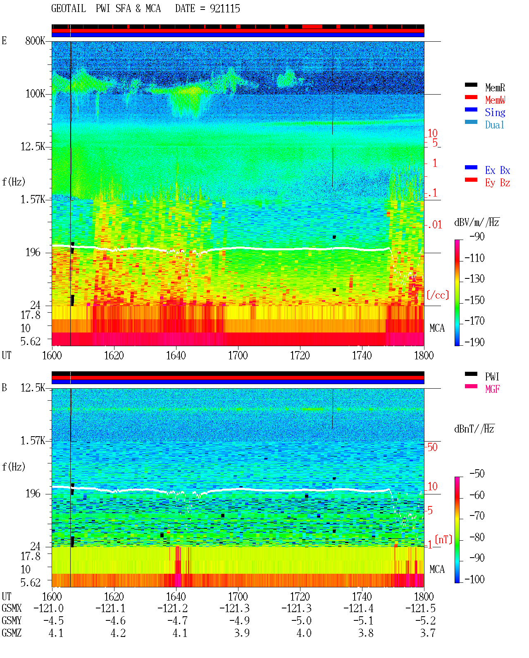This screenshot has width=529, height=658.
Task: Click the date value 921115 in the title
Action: coord(224,9)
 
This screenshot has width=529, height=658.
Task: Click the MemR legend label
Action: coord(495,88)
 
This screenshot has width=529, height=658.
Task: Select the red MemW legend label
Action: coord(495,100)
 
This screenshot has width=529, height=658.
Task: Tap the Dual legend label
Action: coord(494,125)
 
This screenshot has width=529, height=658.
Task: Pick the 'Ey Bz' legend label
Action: coord(497,183)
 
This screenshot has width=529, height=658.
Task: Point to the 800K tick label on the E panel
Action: coord(35,40)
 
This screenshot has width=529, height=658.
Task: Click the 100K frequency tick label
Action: coord(35,94)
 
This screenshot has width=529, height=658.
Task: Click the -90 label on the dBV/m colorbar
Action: coord(477,236)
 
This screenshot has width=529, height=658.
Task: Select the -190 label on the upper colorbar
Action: coord(474,342)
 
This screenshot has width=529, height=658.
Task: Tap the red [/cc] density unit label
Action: coord(438,295)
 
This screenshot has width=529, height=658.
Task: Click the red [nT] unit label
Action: coord(443,540)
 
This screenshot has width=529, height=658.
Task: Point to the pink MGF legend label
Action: coord(492,389)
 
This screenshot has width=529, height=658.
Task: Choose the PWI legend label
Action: coord(492,377)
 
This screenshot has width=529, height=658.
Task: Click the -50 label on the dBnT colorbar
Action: coord(477,474)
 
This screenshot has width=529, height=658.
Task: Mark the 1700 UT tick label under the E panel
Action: coord(238,356)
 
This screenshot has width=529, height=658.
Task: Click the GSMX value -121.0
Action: coord(48,608)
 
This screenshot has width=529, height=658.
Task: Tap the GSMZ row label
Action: coord(12,633)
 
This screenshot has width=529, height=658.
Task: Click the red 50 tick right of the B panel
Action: coord(432,447)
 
